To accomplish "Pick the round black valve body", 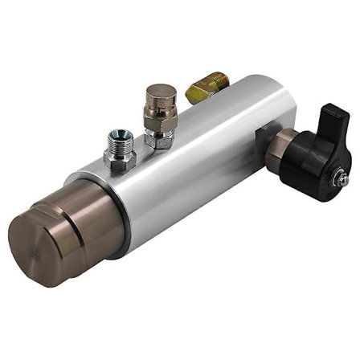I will (x=308, y=162).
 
